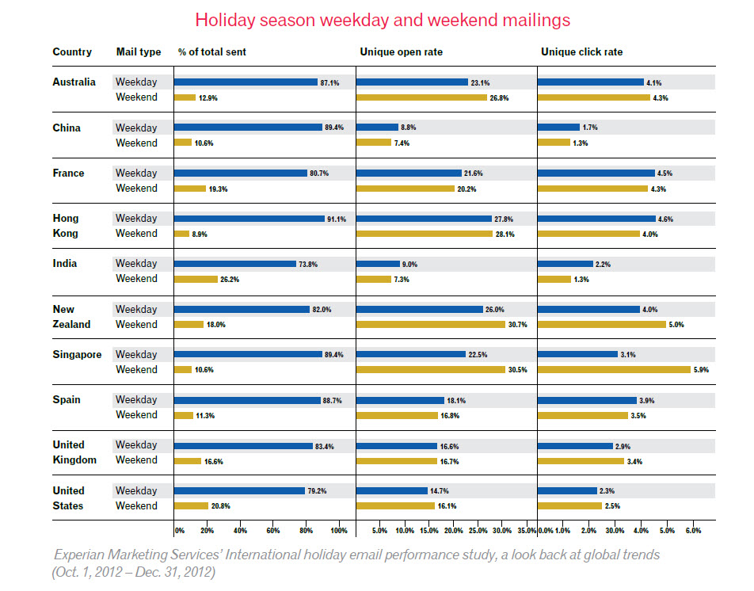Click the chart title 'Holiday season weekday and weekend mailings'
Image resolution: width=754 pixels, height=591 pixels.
tap(383, 20)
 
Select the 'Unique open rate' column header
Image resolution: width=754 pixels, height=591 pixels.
tap(401, 52)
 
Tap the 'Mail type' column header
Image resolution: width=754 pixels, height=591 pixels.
tap(138, 52)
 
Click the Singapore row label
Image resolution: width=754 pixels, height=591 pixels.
tap(77, 354)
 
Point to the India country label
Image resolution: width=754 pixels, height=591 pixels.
tap(65, 263)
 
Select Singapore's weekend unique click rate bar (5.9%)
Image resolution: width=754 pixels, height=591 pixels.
tap(614, 369)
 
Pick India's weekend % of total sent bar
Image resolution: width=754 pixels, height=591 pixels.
tap(196, 279)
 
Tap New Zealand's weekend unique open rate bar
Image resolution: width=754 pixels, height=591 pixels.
tap(430, 324)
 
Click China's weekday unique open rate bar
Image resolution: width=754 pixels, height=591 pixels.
tap(377, 127)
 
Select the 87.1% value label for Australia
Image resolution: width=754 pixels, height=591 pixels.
tap(330, 82)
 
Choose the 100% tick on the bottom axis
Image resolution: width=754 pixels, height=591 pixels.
tap(338, 530)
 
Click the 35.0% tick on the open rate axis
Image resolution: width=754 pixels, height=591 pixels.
tap(527, 530)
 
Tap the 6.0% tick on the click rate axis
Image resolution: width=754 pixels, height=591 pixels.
tap(692, 530)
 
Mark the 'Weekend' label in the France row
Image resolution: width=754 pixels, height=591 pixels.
tap(136, 188)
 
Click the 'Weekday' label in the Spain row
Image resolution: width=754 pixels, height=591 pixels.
tap(136, 399)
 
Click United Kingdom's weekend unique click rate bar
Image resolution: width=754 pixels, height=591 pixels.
tap(581, 460)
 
